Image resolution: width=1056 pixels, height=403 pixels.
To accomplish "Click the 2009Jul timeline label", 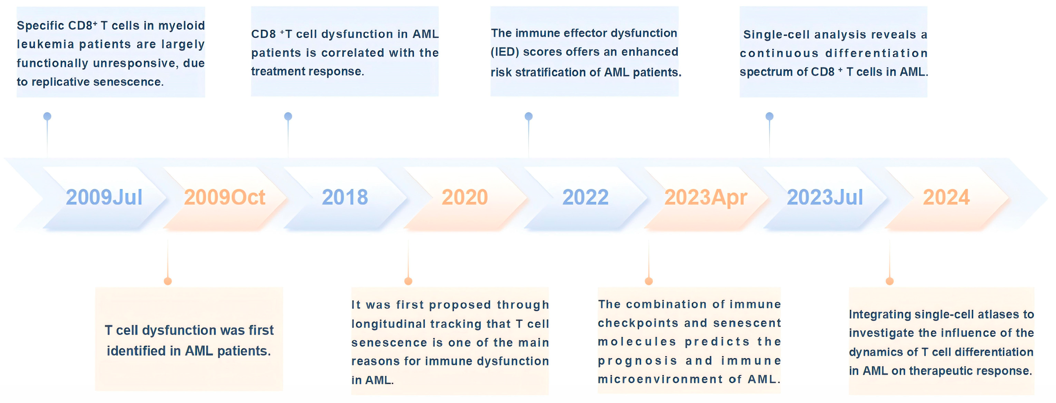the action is [104, 197].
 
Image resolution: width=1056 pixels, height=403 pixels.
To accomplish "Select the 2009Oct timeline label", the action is [225, 197].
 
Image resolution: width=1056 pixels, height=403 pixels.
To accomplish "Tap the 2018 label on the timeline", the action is [345, 197].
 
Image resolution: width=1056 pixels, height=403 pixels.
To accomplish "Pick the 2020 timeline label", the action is [465, 197].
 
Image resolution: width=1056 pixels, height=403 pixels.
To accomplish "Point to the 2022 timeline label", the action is [585, 197].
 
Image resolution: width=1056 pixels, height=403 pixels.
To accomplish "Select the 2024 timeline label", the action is [946, 197].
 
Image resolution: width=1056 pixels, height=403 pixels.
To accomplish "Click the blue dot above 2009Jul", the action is [47, 116].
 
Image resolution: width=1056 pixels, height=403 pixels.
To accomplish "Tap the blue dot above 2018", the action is [288, 116].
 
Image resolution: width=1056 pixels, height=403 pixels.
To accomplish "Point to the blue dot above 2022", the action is [529, 116].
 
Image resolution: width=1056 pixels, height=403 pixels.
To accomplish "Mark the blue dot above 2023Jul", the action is [769, 116].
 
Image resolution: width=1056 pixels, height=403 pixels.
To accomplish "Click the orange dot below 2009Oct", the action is [168, 281].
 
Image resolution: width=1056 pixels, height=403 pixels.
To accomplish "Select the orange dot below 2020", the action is [408, 281].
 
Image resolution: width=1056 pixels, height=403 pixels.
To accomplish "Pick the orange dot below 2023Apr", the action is [649, 281].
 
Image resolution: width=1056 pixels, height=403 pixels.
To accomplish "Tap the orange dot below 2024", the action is [890, 281].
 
